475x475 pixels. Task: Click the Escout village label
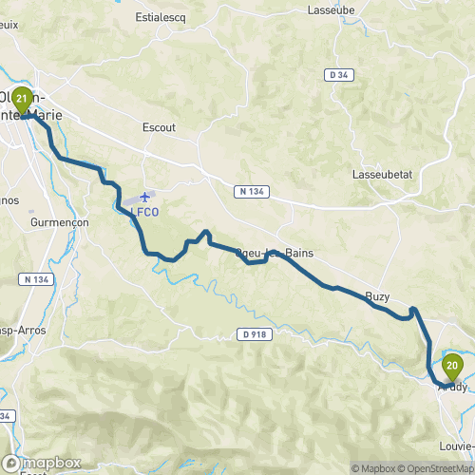159,126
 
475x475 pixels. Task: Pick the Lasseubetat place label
379,176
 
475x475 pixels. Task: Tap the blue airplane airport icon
144,197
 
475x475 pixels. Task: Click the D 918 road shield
251,333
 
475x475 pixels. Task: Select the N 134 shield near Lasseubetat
248,192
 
